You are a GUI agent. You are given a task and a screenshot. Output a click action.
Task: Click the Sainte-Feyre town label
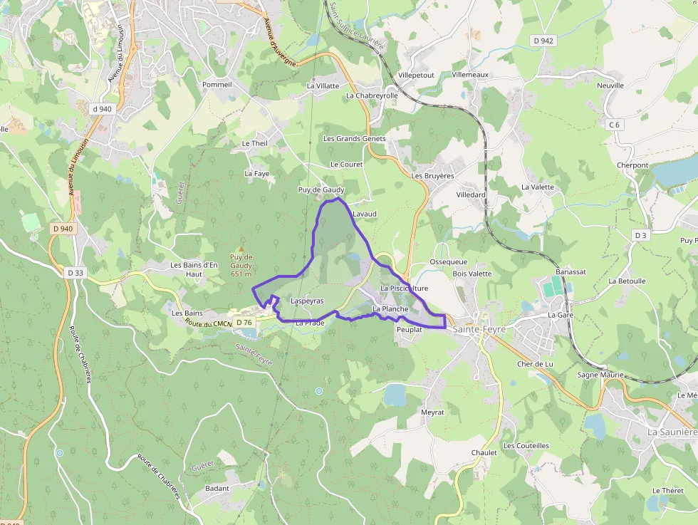pyautogui.click(x=479, y=328)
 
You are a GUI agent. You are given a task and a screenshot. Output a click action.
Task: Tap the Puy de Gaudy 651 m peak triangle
pyautogui.click(x=241, y=249)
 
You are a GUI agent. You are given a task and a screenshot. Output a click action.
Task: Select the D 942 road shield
pyautogui.click(x=543, y=41)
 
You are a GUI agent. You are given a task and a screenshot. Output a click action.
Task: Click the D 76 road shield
pyautogui.click(x=244, y=323)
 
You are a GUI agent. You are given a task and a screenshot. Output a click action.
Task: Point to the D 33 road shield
pyautogui.click(x=75, y=273)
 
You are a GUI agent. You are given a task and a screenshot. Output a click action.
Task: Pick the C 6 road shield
pyautogui.click(x=614, y=125)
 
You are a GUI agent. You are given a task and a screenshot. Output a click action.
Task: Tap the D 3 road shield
pyautogui.click(x=641, y=235)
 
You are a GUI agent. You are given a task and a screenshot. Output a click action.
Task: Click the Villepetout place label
pyautogui.click(x=416, y=75)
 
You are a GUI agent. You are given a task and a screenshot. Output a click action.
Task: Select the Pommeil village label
pyautogui.click(x=217, y=84)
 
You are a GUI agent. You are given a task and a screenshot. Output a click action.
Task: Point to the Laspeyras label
pyautogui.click(x=307, y=301)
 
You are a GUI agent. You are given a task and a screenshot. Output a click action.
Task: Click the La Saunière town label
pyautogui.click(x=672, y=432)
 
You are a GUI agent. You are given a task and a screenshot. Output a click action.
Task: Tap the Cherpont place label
pyautogui.click(x=632, y=165)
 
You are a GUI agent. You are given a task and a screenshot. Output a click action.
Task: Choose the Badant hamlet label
pyautogui.click(x=217, y=488)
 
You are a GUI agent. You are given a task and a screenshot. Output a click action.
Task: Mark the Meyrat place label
pyautogui.click(x=432, y=412)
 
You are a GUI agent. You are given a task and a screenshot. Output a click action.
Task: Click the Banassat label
pyautogui.click(x=571, y=272)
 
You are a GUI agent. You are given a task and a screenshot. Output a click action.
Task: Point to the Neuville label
pyautogui.click(x=610, y=85)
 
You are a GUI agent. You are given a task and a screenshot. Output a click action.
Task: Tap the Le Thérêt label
pyautogui.click(x=667, y=491)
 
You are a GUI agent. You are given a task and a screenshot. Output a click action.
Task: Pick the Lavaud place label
pyautogui.click(x=364, y=213)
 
